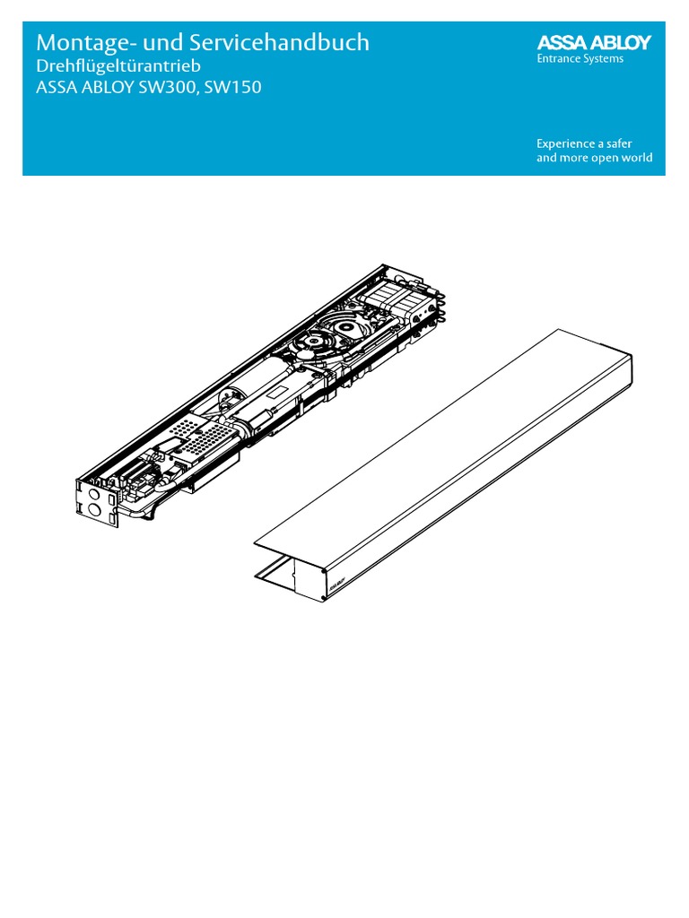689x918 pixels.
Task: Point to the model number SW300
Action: tap(192, 90)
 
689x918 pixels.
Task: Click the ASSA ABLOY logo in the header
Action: tap(594, 42)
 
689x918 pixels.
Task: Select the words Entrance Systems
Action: tap(580, 59)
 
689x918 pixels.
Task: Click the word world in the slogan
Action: tap(635, 159)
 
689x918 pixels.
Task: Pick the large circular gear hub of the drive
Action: tap(320, 342)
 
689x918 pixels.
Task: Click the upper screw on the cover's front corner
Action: tap(323, 570)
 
